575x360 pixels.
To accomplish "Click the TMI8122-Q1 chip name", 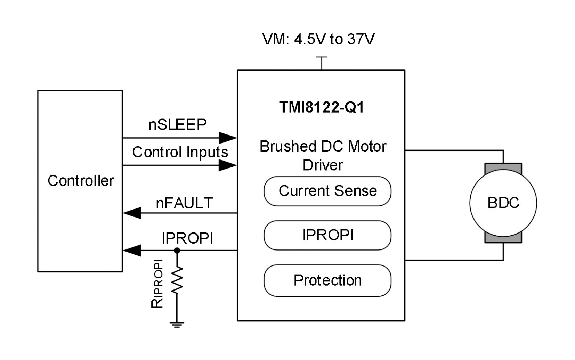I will click(322, 107).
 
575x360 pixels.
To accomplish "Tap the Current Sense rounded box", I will click(327, 191).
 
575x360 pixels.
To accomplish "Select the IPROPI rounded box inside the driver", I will click(327, 235).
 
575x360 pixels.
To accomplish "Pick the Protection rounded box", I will click(327, 280).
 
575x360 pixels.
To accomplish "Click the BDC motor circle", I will click(503, 203).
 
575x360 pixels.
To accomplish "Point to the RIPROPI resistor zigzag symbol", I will click(177, 280).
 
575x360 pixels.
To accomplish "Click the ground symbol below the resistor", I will click(177, 325).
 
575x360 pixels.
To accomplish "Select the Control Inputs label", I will click(180, 152).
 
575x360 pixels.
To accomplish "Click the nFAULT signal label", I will click(184, 203).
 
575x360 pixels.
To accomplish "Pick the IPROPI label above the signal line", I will click(187, 238).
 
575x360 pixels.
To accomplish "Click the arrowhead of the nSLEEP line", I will click(228, 138).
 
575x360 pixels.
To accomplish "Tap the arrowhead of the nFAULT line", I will click(132, 213).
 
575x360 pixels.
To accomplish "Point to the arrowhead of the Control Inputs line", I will click(228, 165).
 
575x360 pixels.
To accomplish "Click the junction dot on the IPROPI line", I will click(177, 250).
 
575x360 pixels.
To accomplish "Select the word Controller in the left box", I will click(81, 181).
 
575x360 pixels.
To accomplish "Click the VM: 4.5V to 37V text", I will click(318, 39).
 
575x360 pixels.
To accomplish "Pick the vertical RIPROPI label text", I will click(157, 284).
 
